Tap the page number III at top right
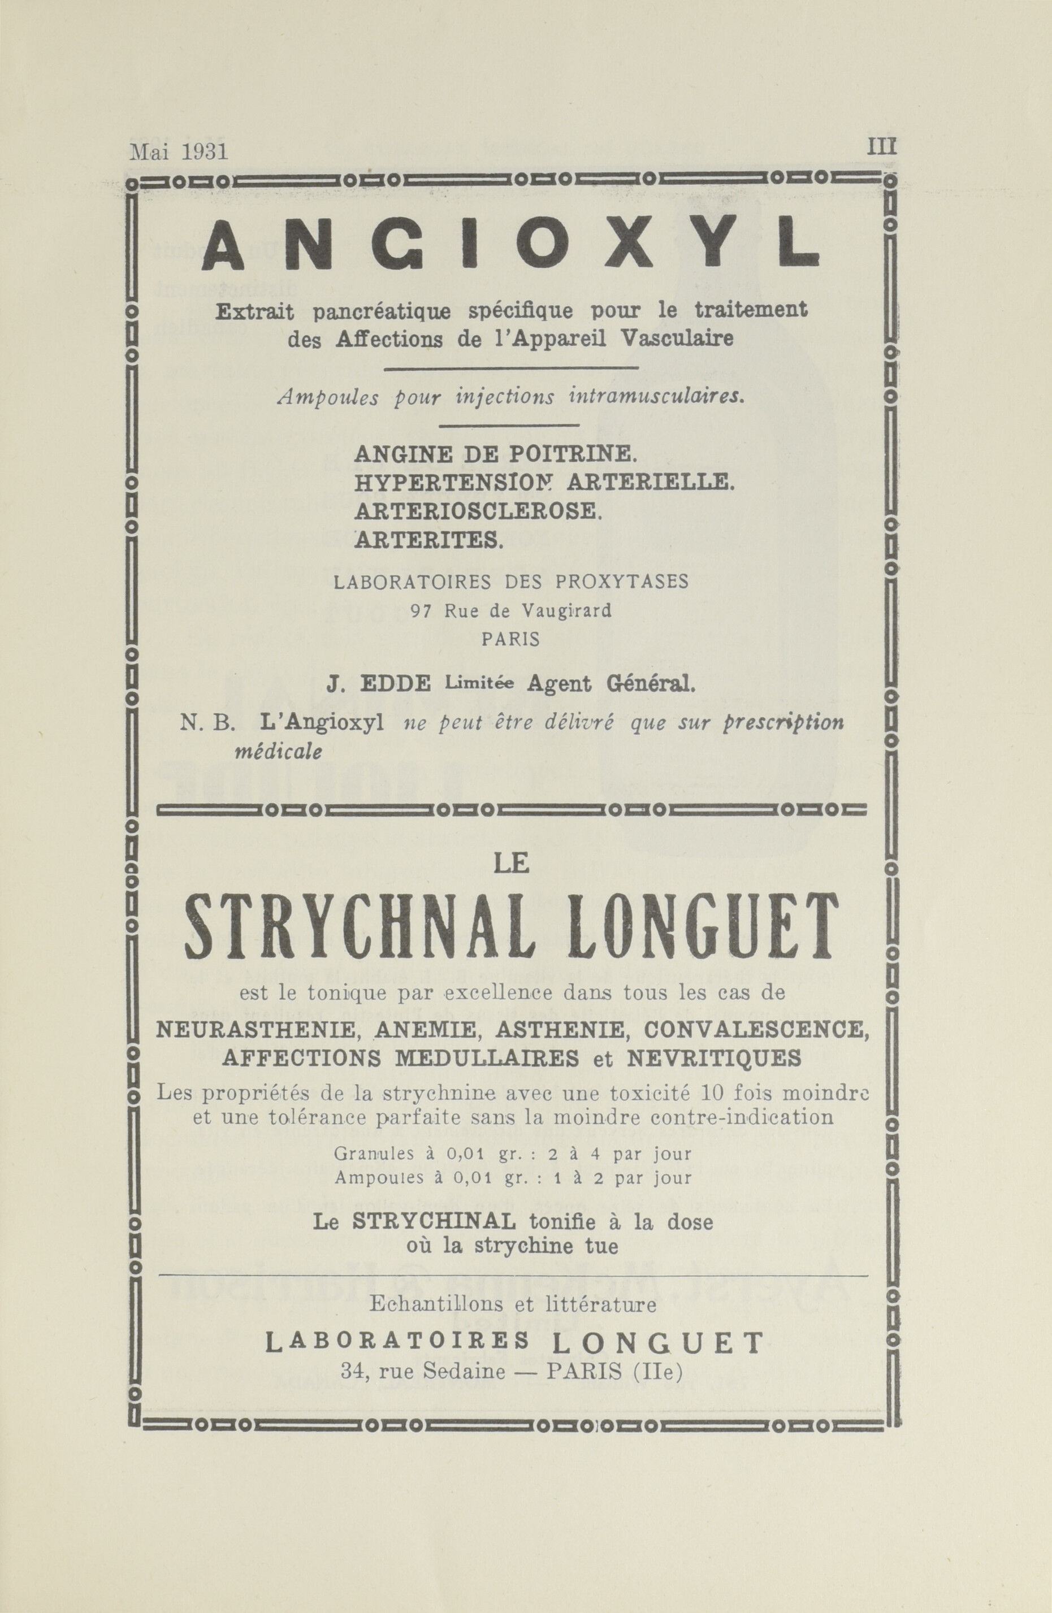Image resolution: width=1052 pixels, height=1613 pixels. pos(881,146)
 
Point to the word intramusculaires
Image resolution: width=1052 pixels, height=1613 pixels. pos(657,397)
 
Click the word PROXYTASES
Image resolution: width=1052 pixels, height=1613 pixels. pos(622,582)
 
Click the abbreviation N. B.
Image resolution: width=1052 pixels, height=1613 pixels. pos(207,724)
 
